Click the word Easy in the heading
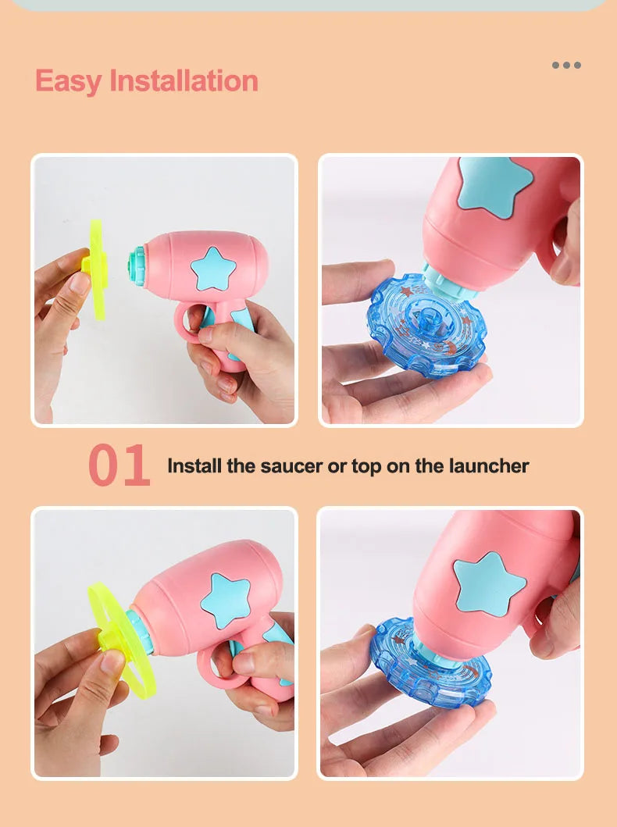click(x=68, y=81)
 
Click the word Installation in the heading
click(x=184, y=80)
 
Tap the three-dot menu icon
click(x=566, y=65)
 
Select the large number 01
click(x=119, y=465)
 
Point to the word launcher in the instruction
click(x=489, y=465)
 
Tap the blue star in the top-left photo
click(x=213, y=269)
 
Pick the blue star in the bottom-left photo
click(x=226, y=601)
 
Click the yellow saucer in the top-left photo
click(x=97, y=269)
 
